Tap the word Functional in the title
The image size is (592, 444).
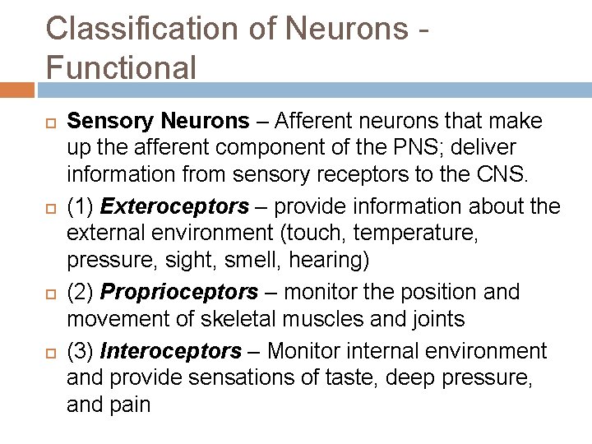[122, 67]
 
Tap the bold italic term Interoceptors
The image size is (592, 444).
[171, 352]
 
